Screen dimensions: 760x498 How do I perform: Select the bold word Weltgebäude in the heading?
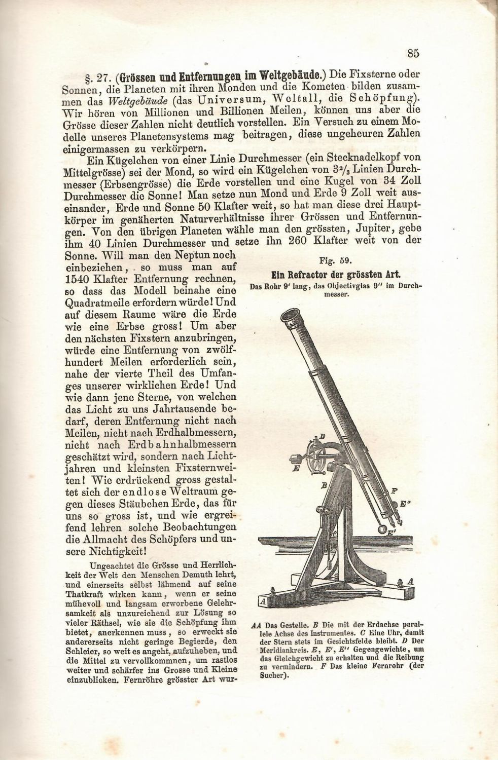pos(287,77)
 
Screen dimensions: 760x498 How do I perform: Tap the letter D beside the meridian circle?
pos(323,436)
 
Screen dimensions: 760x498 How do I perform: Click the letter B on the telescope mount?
pos(323,485)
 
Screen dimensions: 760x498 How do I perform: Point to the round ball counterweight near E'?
pos(382,527)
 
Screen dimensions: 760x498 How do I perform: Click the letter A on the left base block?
pos(262,601)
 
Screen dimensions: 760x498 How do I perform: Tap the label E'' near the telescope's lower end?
pos(405,504)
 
